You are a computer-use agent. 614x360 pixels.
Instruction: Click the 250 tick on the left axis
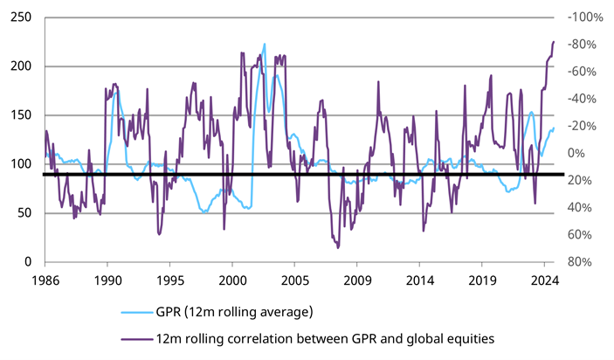(17, 17)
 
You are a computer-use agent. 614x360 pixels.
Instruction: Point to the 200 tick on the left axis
(17, 66)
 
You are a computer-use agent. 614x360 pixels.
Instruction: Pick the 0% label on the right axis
(579, 153)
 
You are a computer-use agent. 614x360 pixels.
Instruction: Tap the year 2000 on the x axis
(231, 281)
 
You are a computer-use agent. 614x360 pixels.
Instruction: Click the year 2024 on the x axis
(544, 281)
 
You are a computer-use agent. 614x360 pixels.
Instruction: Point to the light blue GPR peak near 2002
(265, 44)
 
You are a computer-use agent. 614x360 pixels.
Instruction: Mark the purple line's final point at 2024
(554, 42)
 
